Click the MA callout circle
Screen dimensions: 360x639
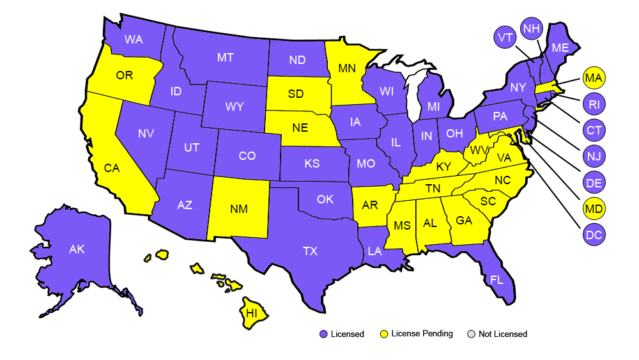tap(594, 79)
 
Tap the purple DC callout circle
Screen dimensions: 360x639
tap(594, 235)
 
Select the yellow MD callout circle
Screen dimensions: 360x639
tap(594, 208)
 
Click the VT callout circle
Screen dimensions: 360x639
tap(505, 38)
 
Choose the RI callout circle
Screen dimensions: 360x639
tap(594, 104)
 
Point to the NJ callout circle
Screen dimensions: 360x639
tap(594, 157)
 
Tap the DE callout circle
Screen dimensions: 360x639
tap(594, 183)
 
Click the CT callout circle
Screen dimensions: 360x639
tap(594, 130)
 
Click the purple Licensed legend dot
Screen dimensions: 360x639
tap(323, 334)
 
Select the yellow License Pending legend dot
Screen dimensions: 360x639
tap(383, 334)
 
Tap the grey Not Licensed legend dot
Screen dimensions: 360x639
tap(472, 334)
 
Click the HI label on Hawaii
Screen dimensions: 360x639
tap(252, 313)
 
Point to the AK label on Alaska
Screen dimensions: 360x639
tap(77, 250)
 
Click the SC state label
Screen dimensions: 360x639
tap(488, 201)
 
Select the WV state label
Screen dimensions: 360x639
tap(476, 151)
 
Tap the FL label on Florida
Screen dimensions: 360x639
tap(497, 280)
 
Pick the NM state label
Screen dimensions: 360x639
tap(240, 209)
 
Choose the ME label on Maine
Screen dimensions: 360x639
tap(560, 48)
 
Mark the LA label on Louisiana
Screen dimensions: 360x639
tap(374, 251)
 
